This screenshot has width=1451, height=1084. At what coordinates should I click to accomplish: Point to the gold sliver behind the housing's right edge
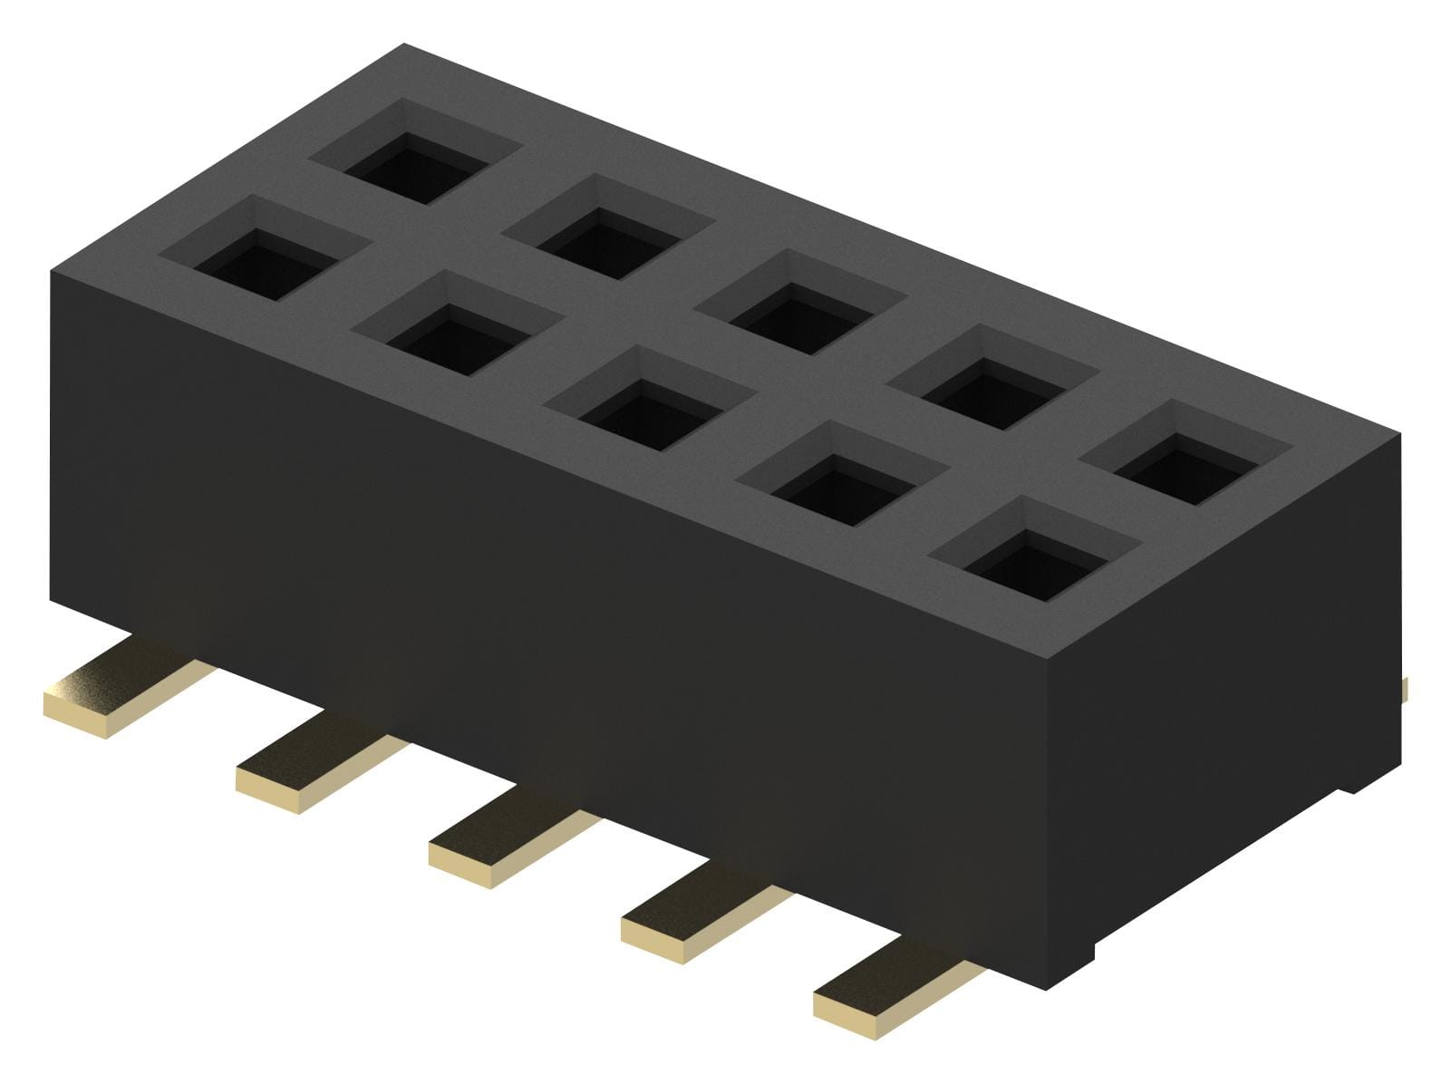pyautogui.click(x=1404, y=689)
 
